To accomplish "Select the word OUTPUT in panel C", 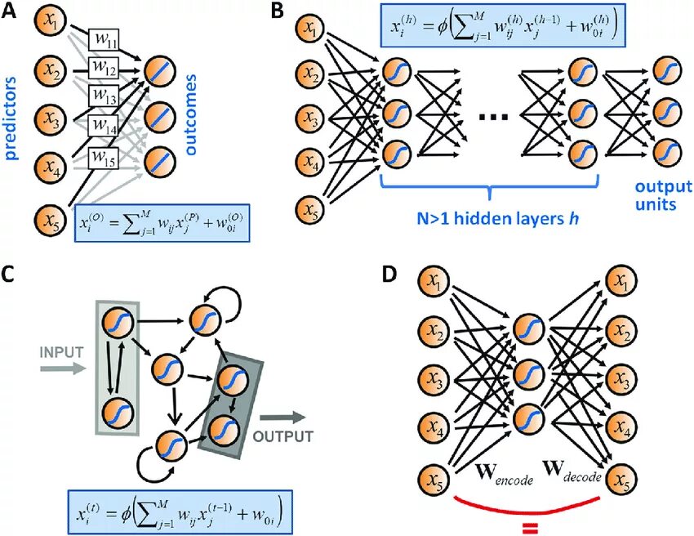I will click(282, 436).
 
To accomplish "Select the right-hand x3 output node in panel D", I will click(623, 380).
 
